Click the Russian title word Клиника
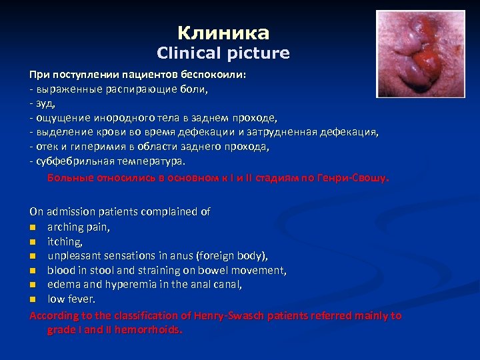tap(223, 33)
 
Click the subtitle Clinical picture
tap(223, 53)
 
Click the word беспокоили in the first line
tap(211, 74)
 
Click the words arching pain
tap(79, 227)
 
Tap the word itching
tap(65, 241)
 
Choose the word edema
tap(63, 285)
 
